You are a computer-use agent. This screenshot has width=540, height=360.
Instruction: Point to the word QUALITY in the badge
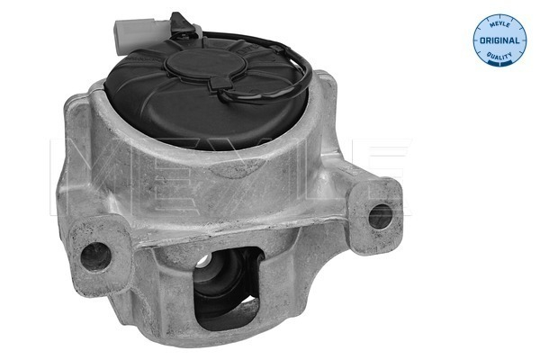tap(499, 55)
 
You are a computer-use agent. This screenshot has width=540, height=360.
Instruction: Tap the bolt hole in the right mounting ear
tap(380, 215)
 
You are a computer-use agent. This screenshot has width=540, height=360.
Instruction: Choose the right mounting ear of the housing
tap(373, 209)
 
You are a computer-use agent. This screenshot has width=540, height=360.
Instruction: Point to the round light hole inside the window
tap(204, 264)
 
